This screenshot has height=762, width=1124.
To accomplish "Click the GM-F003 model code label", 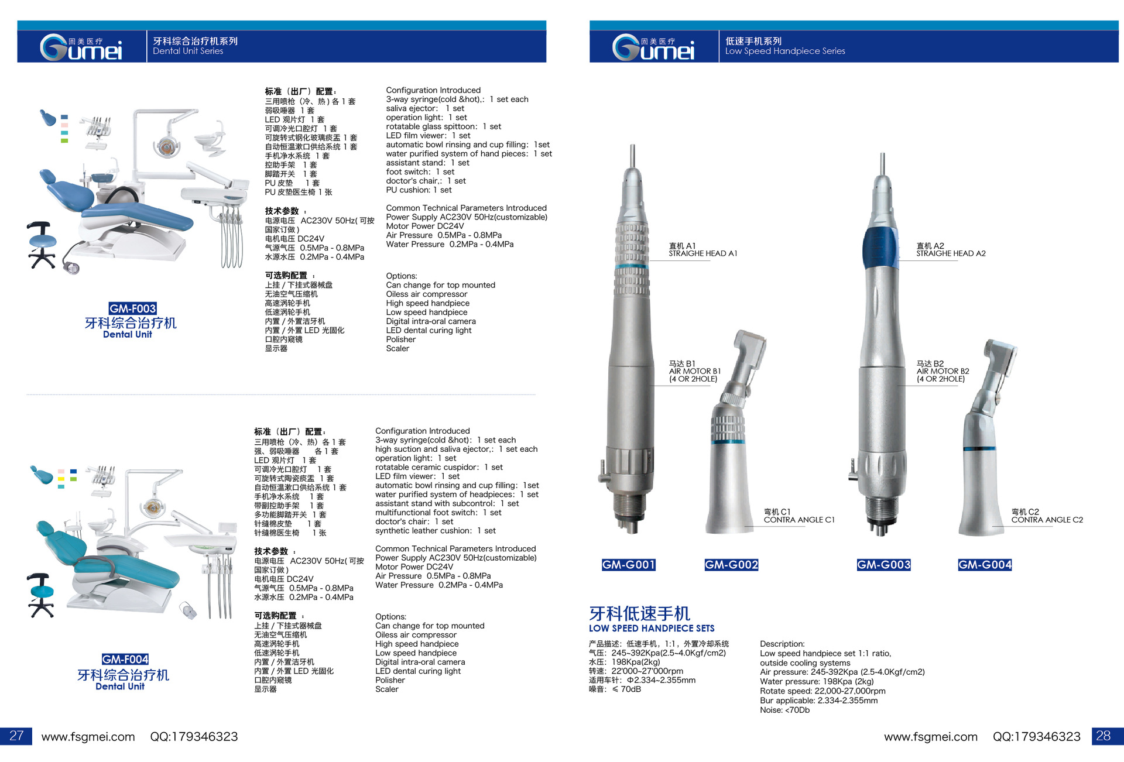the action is pos(133,308).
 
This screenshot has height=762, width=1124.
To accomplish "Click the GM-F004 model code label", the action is pos(125,659).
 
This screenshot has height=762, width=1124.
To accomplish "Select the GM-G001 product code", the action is pos(629,565).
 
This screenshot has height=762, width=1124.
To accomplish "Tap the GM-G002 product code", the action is pos(732,565).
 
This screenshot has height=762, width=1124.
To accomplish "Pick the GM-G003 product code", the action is pos(884,565).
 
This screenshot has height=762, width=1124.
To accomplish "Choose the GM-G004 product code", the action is pos(985,565).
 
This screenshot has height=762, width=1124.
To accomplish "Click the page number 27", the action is pos(16,736).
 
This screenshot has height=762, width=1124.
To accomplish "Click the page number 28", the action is pos(1103,736).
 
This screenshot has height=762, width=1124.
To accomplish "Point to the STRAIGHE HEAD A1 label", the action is pos(703,253).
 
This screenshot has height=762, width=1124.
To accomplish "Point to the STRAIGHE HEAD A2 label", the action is pos(951,253).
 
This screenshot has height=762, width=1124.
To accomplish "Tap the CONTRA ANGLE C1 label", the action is pos(799,520).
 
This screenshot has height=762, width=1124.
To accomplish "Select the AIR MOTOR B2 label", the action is pos(943,371).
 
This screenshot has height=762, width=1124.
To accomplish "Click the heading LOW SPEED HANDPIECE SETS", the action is pos(652,629).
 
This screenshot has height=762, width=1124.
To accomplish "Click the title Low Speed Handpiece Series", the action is pos(785,51).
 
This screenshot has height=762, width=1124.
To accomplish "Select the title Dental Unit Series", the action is pos(188,51).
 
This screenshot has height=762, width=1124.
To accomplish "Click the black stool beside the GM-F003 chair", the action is pos(42,245).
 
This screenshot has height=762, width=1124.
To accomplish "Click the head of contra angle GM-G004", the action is pos(1000,358).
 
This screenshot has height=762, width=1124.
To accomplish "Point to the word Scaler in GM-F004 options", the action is pos(387,689).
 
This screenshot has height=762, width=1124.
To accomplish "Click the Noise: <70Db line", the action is pos(784,710).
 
